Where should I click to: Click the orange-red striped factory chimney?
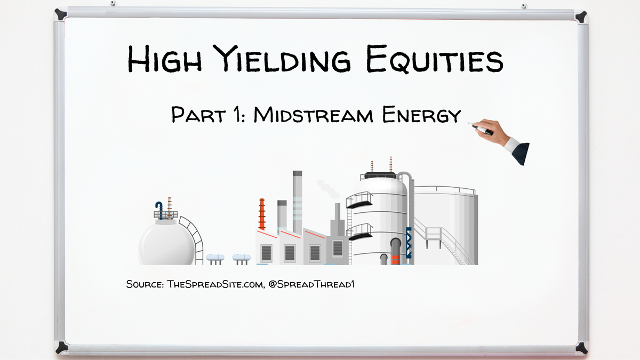coord(262,214)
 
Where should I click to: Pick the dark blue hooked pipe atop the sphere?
coord(158,207)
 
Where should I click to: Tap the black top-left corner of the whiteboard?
coord(60,14)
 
